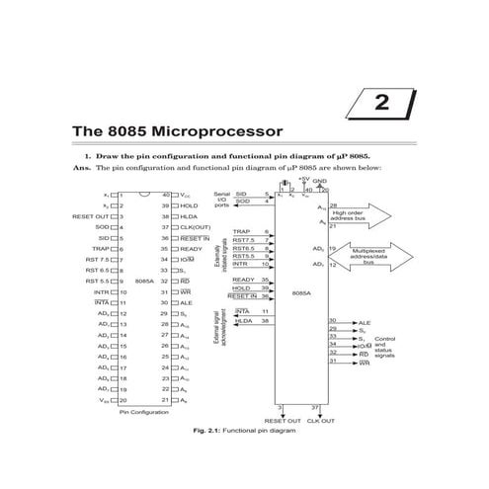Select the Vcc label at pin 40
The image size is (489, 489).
click(x=186, y=195)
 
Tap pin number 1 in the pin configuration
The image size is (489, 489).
click(x=121, y=195)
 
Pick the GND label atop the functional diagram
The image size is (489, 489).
click(x=320, y=181)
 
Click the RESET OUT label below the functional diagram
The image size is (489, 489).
click(x=282, y=420)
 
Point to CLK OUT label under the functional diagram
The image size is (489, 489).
click(x=321, y=420)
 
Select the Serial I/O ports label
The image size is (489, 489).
click(x=222, y=200)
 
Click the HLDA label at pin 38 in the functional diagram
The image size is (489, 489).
click(x=243, y=320)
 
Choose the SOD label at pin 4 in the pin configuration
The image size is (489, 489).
click(x=102, y=227)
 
